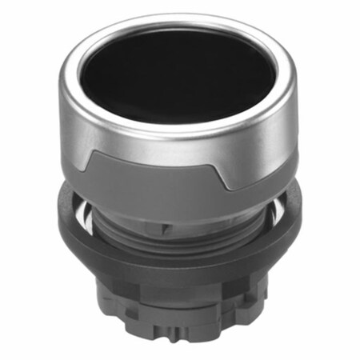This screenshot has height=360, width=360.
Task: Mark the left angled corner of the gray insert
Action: [102, 154]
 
